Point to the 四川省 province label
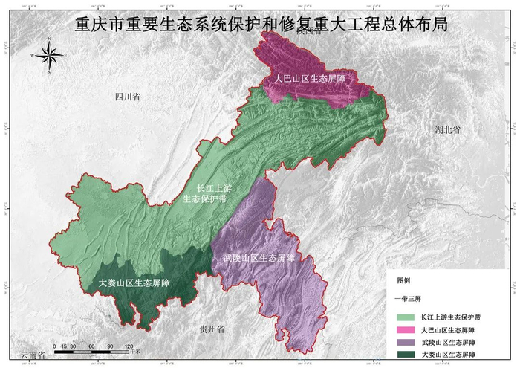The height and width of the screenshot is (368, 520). pyautogui.click(x=127, y=97)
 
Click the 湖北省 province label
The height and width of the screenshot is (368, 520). pyautogui.click(x=447, y=129)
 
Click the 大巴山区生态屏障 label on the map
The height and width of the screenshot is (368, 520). pyautogui.click(x=311, y=77)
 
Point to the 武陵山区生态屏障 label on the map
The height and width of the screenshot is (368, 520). pyautogui.click(x=259, y=258)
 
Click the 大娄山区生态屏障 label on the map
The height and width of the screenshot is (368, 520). pyautogui.click(x=134, y=283)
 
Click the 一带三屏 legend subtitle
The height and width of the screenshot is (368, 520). pyautogui.click(x=407, y=297)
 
